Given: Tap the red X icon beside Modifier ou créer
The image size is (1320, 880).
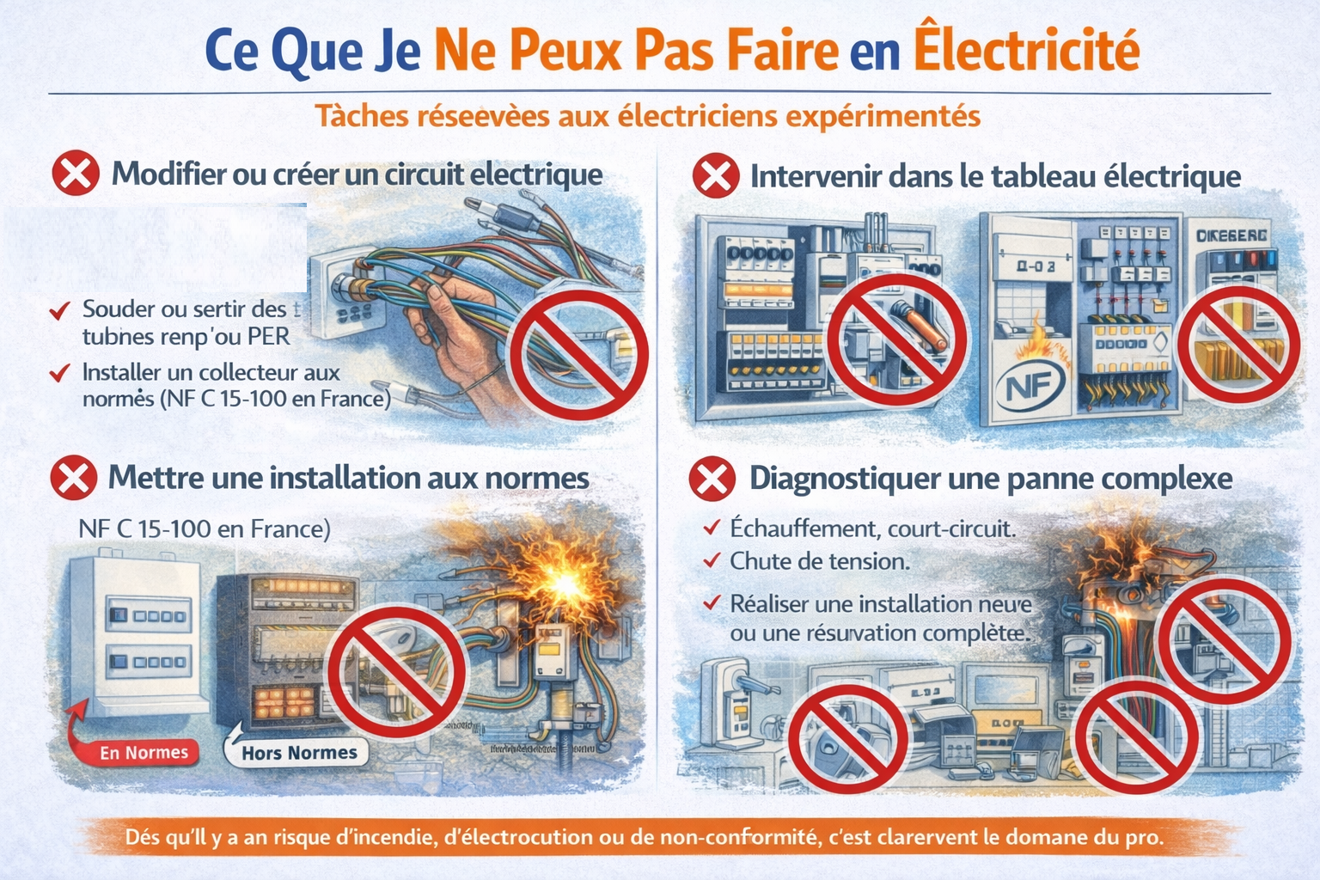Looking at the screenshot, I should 76,174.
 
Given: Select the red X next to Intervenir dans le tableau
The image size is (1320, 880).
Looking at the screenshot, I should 715,176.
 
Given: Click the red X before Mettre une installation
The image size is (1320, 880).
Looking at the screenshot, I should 74,478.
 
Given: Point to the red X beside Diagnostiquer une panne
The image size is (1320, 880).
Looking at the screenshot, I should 712,479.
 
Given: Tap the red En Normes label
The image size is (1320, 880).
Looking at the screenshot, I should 144,753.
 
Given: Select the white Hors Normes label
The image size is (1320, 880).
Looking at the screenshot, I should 298,753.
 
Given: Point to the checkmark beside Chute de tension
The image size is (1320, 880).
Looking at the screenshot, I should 712,561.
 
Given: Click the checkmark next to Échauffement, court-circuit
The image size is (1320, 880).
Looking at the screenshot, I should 712,528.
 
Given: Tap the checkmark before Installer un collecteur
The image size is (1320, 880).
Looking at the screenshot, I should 59,373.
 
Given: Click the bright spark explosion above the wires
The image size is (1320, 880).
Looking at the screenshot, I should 563,584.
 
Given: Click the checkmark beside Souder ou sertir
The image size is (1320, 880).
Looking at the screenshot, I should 59,310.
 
